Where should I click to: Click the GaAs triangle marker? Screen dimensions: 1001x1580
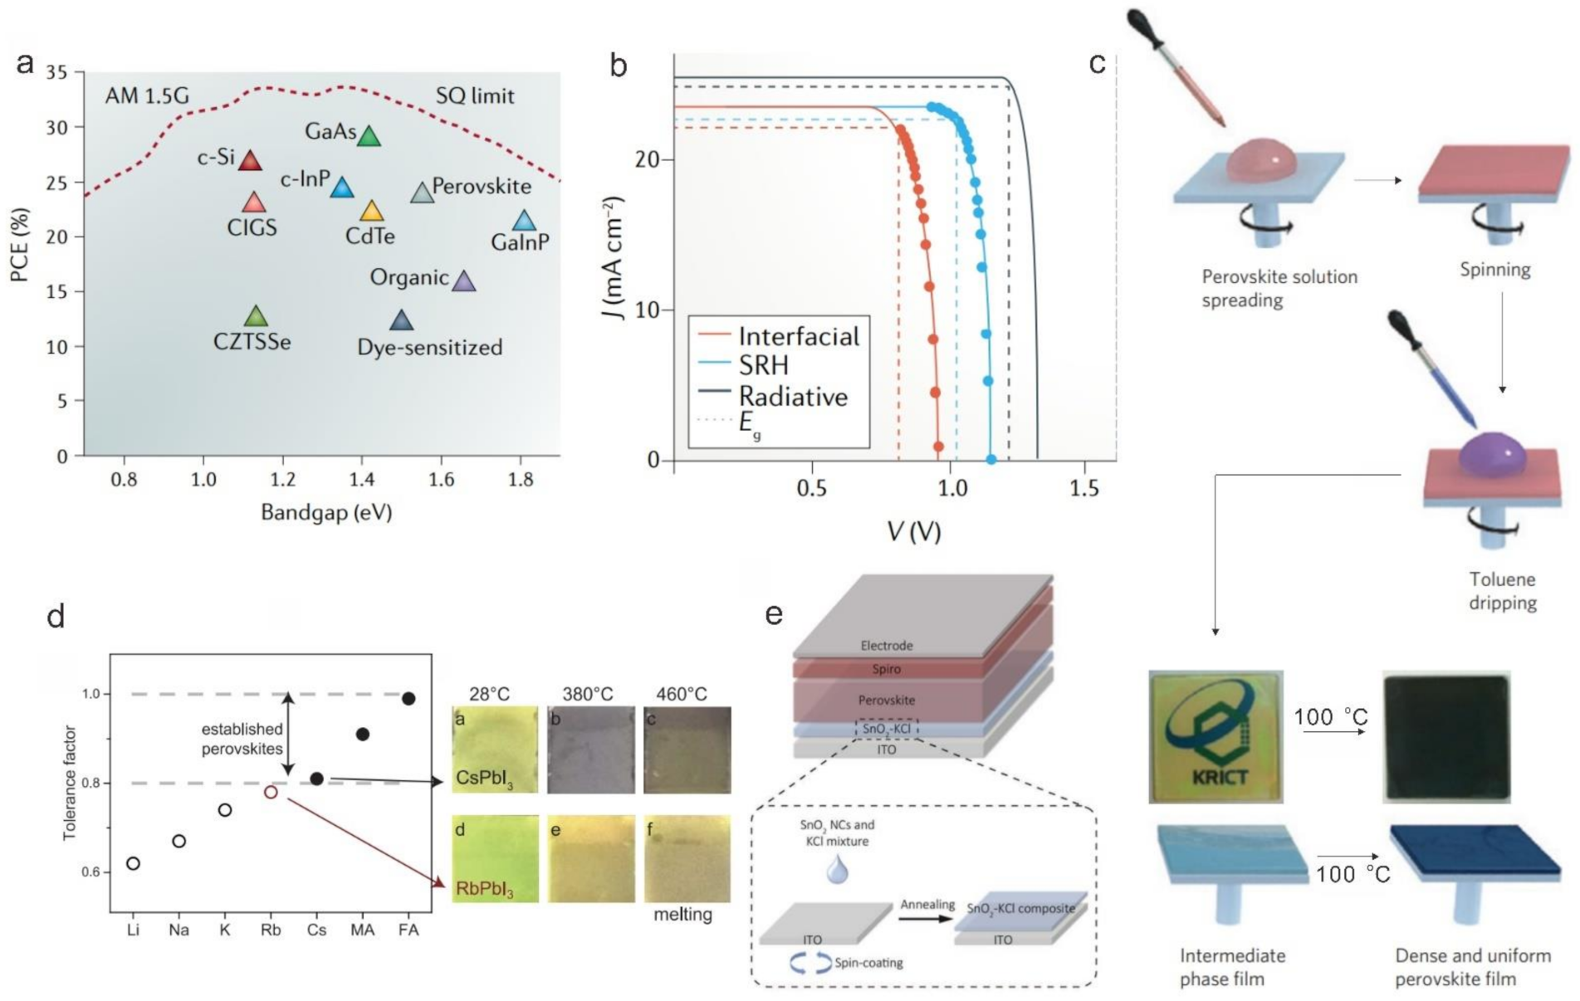click(x=369, y=136)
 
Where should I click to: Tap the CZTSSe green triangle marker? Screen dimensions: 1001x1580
click(x=257, y=316)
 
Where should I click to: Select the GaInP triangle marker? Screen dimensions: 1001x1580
click(x=524, y=221)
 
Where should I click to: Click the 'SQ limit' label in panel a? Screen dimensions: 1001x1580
click(x=475, y=96)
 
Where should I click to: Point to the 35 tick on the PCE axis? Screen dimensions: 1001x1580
click(x=57, y=72)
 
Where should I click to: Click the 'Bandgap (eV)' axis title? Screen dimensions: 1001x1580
click(x=326, y=512)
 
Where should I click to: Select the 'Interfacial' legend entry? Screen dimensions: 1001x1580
click(x=798, y=336)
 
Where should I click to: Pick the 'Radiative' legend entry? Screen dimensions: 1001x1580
click(x=793, y=396)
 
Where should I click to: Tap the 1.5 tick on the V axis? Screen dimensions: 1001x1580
click(x=1084, y=488)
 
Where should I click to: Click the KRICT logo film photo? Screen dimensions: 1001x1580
click(x=1216, y=736)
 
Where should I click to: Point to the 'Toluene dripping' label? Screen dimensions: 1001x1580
click(x=1502, y=591)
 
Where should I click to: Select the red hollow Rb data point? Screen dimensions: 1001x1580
click(x=271, y=792)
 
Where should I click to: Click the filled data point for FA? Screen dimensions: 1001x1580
click(x=408, y=699)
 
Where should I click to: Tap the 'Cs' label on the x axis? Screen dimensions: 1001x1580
click(x=316, y=930)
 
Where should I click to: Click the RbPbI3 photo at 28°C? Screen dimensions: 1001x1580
click(x=495, y=858)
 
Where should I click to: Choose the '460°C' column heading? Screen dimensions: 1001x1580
click(x=682, y=694)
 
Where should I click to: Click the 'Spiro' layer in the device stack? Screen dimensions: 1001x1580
click(x=886, y=668)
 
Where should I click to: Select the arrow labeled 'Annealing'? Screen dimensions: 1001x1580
click(x=927, y=919)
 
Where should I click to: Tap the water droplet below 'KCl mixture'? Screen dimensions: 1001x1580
click(x=836, y=870)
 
